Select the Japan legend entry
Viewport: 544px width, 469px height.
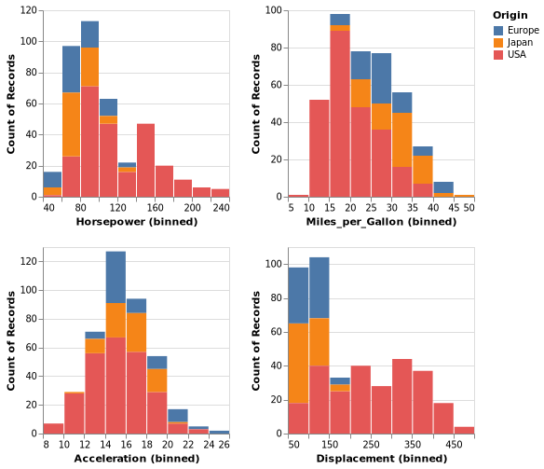point(511,43)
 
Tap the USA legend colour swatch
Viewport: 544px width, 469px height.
point(499,55)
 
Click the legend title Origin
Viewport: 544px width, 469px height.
point(510,15)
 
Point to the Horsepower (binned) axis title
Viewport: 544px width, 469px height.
point(136,222)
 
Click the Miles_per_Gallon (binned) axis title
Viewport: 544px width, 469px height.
point(382,222)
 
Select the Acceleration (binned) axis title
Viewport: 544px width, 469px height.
point(136,459)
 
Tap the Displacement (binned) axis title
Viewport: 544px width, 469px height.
point(382,459)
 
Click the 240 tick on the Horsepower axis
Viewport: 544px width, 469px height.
point(220,208)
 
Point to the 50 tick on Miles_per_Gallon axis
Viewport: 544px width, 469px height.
point(469,208)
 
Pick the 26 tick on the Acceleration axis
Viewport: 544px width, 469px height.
point(224,445)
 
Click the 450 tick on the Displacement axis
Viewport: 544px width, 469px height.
point(454,445)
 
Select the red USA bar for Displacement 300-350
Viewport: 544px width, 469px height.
point(402,396)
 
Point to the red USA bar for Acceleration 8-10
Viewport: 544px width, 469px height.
point(53,429)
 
